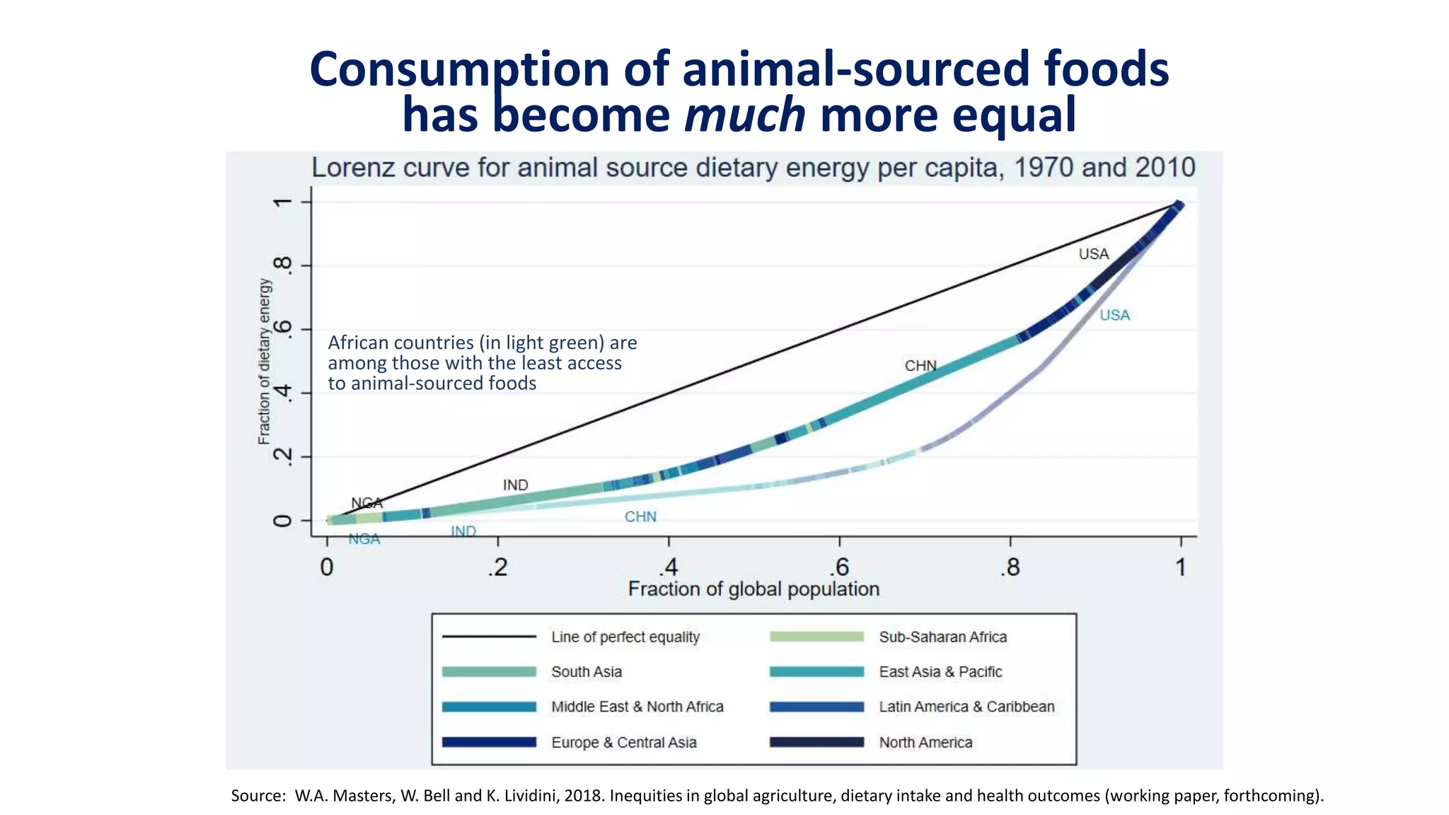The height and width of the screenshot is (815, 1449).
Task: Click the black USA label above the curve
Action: pyautogui.click(x=1093, y=254)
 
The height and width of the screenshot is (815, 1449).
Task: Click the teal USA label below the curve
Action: pyautogui.click(x=1114, y=316)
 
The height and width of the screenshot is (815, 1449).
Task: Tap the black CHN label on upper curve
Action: pyautogui.click(x=920, y=366)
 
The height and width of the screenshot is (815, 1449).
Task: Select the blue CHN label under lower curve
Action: pyautogui.click(x=640, y=517)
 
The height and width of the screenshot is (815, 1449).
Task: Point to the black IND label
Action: pyautogui.click(x=515, y=485)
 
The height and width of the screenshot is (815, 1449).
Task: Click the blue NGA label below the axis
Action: pyautogui.click(x=364, y=539)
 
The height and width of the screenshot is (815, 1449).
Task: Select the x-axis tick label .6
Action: pyautogui.click(x=839, y=567)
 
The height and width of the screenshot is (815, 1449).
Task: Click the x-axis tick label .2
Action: pyautogui.click(x=497, y=567)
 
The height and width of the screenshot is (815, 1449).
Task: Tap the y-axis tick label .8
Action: pyautogui.click(x=282, y=265)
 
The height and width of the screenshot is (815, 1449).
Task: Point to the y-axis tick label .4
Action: pyautogui.click(x=282, y=393)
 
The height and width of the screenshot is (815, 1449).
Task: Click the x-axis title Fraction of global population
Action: pyautogui.click(x=754, y=589)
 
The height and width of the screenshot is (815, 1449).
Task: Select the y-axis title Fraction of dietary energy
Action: pyautogui.click(x=264, y=362)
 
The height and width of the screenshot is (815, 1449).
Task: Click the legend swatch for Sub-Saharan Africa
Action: pyautogui.click(x=816, y=637)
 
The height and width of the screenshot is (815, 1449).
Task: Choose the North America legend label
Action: pyautogui.click(x=925, y=742)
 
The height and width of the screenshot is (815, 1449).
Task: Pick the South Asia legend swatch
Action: pyautogui.click(x=489, y=671)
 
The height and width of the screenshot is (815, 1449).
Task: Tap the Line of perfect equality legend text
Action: pyautogui.click(x=625, y=637)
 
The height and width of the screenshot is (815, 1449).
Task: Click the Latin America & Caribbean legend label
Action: pyautogui.click(x=966, y=707)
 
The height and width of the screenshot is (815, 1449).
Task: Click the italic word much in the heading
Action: pyautogui.click(x=744, y=115)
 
